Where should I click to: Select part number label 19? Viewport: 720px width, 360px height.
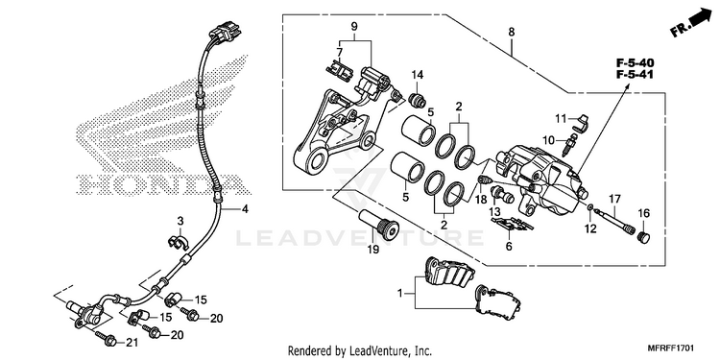[x=372, y=250]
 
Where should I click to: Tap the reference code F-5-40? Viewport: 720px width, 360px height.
[x=636, y=62]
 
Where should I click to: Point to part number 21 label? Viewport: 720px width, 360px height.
[x=132, y=342]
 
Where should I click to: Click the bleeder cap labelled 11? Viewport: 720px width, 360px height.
[x=583, y=123]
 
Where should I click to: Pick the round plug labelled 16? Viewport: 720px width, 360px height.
[x=644, y=238]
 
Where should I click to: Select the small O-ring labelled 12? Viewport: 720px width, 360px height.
[x=590, y=209]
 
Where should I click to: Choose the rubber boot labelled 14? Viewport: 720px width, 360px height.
[x=418, y=100]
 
